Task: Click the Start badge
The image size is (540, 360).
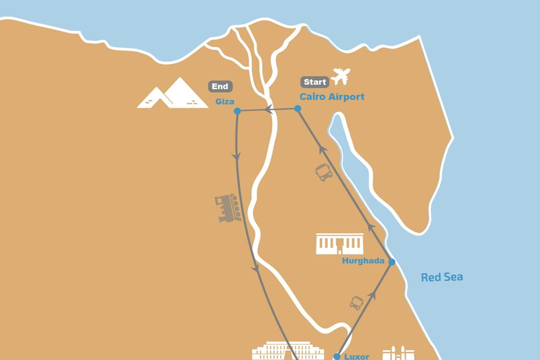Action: [315, 82]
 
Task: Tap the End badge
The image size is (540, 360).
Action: [220, 86]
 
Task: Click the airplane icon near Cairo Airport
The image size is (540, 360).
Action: [341, 76]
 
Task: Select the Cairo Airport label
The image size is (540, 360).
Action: [332, 97]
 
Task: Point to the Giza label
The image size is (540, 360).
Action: [225, 102]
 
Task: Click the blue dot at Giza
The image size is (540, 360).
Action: [238, 111]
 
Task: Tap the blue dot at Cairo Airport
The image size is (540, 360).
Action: [297, 108]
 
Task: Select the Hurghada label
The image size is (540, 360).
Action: [364, 261]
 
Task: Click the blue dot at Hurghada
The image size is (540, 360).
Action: [392, 262]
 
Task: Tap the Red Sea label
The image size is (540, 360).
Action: [442, 277]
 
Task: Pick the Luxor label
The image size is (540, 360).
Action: [356, 356]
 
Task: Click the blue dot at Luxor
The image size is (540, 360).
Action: [337, 356]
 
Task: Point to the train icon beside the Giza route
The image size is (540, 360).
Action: [229, 208]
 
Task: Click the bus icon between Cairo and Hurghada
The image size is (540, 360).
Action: [324, 172]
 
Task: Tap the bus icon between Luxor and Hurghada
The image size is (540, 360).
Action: [356, 303]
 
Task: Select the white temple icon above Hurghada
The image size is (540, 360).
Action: [340, 244]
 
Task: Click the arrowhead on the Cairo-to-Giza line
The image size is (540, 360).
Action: [269, 110]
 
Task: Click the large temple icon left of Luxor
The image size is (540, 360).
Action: [288, 351]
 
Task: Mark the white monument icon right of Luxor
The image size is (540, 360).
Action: [394, 353]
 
